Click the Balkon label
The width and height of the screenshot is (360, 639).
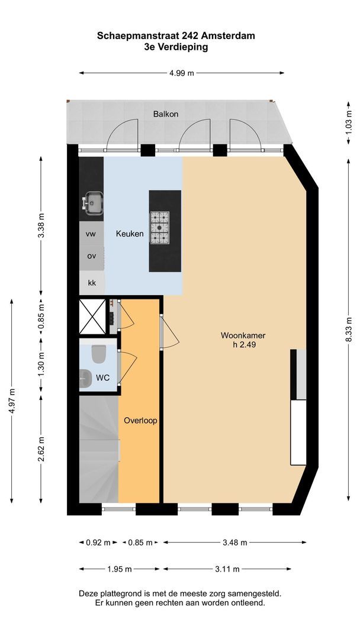(x=166, y=114)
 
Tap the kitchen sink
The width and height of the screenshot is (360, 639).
(x=92, y=202)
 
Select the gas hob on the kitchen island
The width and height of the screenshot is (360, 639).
(x=159, y=228)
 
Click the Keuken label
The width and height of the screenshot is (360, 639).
(x=130, y=234)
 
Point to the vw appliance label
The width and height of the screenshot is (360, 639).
(x=91, y=234)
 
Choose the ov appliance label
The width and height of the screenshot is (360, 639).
(x=91, y=256)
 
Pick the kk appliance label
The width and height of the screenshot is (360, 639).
(x=92, y=282)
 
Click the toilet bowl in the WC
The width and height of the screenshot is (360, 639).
(x=99, y=354)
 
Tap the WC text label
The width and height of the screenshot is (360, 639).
(x=103, y=377)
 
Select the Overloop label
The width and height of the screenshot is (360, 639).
(x=141, y=421)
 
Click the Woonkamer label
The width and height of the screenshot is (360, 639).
(x=243, y=336)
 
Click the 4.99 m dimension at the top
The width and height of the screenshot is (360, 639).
(x=182, y=73)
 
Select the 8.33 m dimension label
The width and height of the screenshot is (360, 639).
(x=349, y=331)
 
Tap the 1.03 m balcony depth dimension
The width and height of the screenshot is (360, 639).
(x=349, y=122)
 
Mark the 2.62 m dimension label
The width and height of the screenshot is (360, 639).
(x=41, y=448)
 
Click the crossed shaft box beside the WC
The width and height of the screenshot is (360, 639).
(x=92, y=317)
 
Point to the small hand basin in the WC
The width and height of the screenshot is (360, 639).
(x=85, y=379)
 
